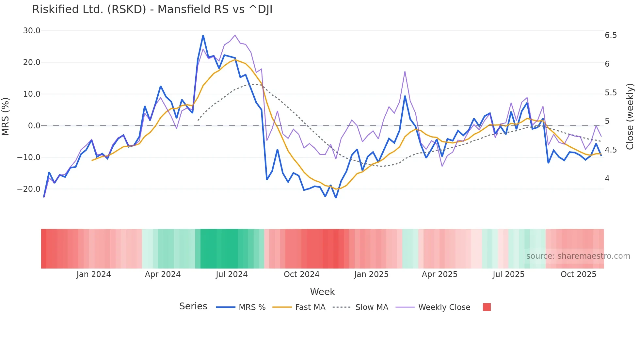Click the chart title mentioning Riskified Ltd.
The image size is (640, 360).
tap(152, 9)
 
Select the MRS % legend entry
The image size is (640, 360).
tap(241, 307)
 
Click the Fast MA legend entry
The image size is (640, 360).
tap(299, 307)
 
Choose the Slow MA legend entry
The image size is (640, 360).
tap(360, 307)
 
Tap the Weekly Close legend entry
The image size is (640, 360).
tap(433, 307)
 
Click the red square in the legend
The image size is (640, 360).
tap(487, 307)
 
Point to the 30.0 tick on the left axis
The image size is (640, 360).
tap(31, 31)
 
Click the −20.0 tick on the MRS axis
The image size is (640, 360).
tap(29, 189)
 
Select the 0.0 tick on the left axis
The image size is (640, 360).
tap(34, 126)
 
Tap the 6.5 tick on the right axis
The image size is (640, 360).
tap(611, 35)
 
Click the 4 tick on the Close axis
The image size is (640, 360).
tap(607, 179)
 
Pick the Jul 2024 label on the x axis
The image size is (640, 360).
tap(232, 274)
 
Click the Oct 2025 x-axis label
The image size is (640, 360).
tap(578, 274)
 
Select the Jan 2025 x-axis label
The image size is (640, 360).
tap(371, 274)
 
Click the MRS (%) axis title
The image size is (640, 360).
tap(6, 117)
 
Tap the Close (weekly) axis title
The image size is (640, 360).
tap(630, 117)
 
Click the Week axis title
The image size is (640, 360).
tap(322, 292)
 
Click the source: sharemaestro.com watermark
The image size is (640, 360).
tap(578, 256)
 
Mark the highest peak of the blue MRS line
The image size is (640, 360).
tap(203, 36)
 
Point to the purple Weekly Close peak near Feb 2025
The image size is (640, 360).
tap(405, 72)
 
